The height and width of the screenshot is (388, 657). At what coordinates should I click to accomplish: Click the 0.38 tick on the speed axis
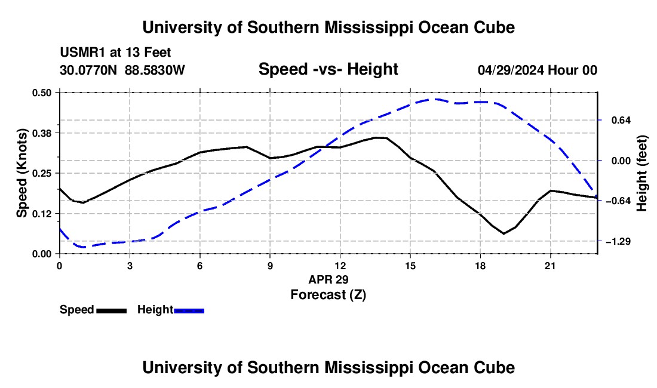[x=41, y=133]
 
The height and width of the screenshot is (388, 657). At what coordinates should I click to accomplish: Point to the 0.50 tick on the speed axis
[x=41, y=93]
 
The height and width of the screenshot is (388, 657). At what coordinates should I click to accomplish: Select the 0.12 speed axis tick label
[x=41, y=214]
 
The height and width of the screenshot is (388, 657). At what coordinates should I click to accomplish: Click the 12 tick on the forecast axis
[x=340, y=266]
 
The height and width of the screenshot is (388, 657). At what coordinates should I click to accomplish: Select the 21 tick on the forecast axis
[x=550, y=266]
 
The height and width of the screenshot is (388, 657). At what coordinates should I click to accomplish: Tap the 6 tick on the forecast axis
[x=200, y=266]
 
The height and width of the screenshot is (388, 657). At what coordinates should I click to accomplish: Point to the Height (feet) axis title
[x=642, y=173]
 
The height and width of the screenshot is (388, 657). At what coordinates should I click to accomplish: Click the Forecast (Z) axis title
[x=328, y=295]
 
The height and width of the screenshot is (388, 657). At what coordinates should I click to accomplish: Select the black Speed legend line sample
[x=112, y=310]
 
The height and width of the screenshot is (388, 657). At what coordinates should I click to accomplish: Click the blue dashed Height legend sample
[x=189, y=310]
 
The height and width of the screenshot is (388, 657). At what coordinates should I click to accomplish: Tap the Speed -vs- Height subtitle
[x=328, y=69]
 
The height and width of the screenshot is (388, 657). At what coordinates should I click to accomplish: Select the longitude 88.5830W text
[x=155, y=70]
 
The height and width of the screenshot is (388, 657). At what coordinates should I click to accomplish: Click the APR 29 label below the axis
[x=328, y=279]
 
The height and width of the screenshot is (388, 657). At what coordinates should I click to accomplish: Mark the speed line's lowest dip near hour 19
[x=504, y=233]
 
